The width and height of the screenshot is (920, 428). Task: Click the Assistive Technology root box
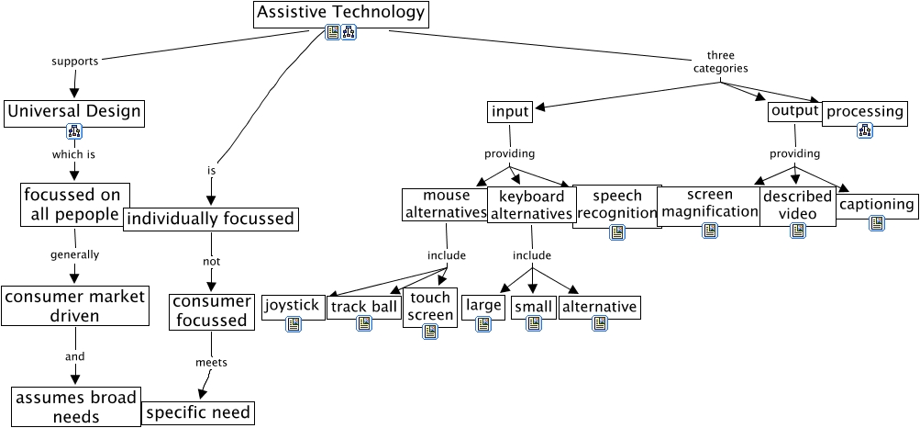click(x=340, y=13)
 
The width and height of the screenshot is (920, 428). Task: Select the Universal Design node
click(x=74, y=112)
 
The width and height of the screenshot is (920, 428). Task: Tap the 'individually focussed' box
click(x=209, y=219)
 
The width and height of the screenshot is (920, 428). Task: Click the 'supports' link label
click(x=73, y=62)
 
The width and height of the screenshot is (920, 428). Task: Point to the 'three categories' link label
click(x=721, y=62)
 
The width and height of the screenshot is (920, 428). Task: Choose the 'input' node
click(x=510, y=112)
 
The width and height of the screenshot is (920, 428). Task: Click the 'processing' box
click(x=865, y=112)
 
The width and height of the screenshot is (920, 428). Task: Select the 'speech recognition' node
click(x=617, y=205)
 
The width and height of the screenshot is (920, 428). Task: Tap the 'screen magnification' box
click(x=709, y=204)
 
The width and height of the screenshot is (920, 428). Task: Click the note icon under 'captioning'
click(x=877, y=223)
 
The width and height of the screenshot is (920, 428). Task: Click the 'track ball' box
click(x=364, y=307)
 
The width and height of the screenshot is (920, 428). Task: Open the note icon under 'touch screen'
click(x=429, y=332)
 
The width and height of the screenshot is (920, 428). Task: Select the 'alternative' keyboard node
click(x=599, y=306)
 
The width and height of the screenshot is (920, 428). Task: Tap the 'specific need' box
click(x=197, y=412)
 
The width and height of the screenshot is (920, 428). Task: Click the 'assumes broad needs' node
click(x=75, y=407)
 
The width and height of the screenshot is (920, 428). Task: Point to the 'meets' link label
click(x=211, y=362)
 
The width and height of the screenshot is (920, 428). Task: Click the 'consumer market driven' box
click(x=74, y=306)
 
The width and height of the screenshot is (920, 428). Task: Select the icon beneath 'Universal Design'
click(x=74, y=131)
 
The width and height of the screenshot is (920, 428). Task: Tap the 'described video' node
click(x=797, y=205)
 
